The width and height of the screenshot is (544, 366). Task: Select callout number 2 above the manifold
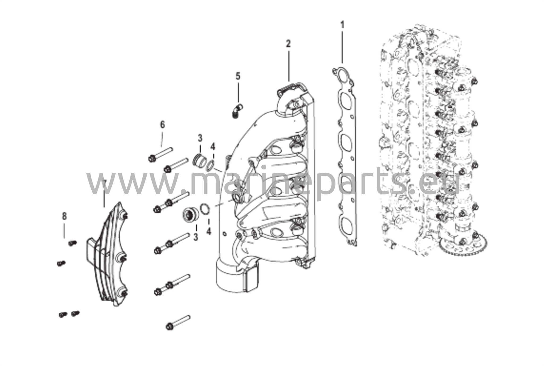click(x=288, y=44)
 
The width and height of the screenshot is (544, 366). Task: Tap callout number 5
click(x=238, y=76)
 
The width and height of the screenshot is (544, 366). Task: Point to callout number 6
click(x=162, y=124)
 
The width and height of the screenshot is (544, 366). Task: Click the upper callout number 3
click(x=200, y=138)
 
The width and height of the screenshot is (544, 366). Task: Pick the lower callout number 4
click(x=209, y=231)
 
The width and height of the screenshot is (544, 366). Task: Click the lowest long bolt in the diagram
click(x=178, y=322)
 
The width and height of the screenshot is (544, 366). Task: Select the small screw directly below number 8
click(x=72, y=243)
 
